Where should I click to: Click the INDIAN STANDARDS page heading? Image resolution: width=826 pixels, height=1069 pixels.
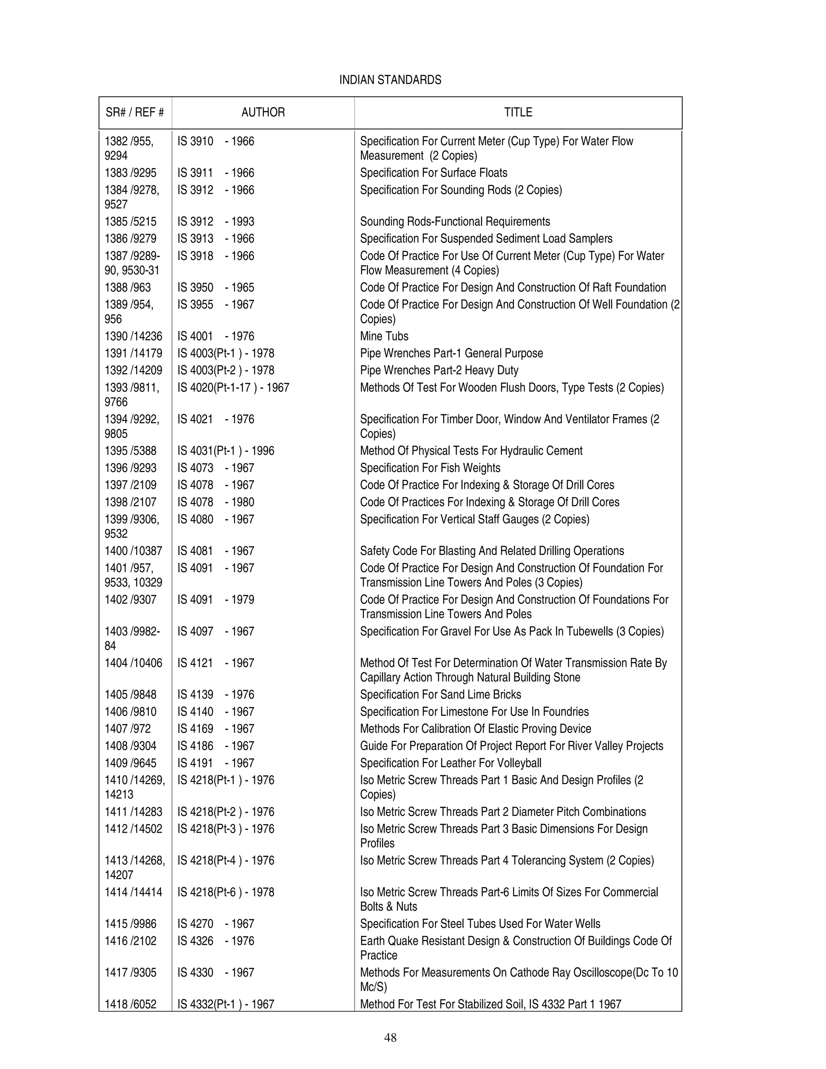[x=390, y=80]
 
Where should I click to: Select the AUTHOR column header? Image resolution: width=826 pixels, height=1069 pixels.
[x=263, y=112]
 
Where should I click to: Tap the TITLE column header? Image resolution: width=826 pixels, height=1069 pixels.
[x=518, y=112]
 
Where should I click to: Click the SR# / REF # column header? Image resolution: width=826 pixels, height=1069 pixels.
[x=135, y=112]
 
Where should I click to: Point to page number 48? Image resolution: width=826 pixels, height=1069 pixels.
[x=390, y=1037]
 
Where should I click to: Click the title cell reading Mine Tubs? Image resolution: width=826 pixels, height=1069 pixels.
[x=384, y=336]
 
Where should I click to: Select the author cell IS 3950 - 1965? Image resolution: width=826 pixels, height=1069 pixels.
[x=216, y=287]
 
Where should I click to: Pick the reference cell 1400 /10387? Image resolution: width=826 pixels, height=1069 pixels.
[x=133, y=551]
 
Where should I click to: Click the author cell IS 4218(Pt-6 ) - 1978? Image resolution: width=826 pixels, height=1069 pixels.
[x=225, y=892]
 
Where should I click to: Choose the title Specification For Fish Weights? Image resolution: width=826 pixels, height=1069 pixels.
[x=430, y=468]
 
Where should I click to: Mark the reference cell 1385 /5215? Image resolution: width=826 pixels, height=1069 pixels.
[x=130, y=222]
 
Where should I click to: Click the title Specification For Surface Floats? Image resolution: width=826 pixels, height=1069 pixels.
[x=434, y=173]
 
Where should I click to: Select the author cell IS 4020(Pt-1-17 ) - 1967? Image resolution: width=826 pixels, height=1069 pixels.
[x=233, y=388]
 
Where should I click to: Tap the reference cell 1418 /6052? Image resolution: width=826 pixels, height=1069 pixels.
[x=130, y=1004]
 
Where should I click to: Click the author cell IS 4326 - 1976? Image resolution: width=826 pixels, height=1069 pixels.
[x=216, y=941]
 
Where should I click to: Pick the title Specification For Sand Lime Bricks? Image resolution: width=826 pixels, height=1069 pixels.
[x=440, y=694]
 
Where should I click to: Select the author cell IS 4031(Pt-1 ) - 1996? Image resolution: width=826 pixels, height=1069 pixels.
[x=225, y=451]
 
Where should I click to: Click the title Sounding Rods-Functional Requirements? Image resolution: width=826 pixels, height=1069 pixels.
[x=455, y=222]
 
